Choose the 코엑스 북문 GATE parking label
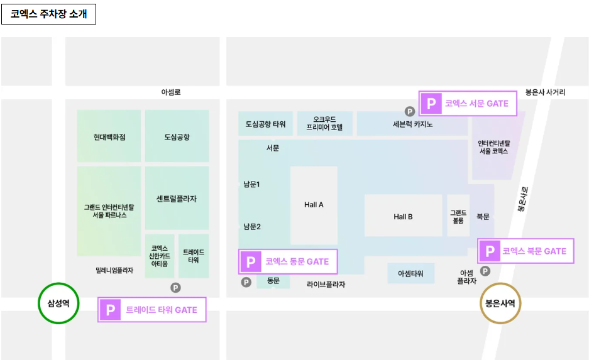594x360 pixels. (x=525, y=251)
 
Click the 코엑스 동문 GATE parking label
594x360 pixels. (x=288, y=261)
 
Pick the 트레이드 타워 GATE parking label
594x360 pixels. (x=152, y=310)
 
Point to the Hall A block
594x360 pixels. (x=314, y=205)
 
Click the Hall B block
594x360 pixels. (x=403, y=217)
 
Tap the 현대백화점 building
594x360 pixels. (x=109, y=136)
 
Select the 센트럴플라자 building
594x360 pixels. (x=177, y=199)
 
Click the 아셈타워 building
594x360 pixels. (x=410, y=274)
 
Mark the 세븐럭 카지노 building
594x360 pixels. (x=412, y=124)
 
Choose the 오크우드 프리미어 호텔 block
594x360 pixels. (x=324, y=123)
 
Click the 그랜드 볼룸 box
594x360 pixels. (x=458, y=217)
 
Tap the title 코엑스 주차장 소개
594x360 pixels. (x=48, y=14)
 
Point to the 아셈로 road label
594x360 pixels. (x=171, y=92)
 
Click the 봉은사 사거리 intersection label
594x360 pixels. (x=545, y=92)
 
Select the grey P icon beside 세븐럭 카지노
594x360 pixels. (x=409, y=111)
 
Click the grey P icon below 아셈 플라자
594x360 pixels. (x=485, y=271)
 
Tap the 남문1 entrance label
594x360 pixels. (x=252, y=184)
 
